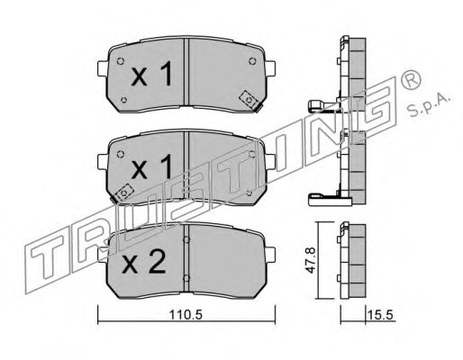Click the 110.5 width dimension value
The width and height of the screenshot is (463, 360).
(x=186, y=315)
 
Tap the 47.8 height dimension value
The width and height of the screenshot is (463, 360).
(x=310, y=260)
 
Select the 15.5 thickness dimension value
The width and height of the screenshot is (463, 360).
(x=380, y=315)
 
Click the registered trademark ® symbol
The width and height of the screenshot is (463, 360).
(x=410, y=78)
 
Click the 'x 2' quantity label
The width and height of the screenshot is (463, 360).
(x=144, y=262)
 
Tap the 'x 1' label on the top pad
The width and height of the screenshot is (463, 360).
(x=152, y=74)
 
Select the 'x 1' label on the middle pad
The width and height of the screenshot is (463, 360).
(x=152, y=166)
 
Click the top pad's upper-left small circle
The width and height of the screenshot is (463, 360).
(x=121, y=61)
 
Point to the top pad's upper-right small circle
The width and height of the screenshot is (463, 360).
(x=252, y=61)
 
